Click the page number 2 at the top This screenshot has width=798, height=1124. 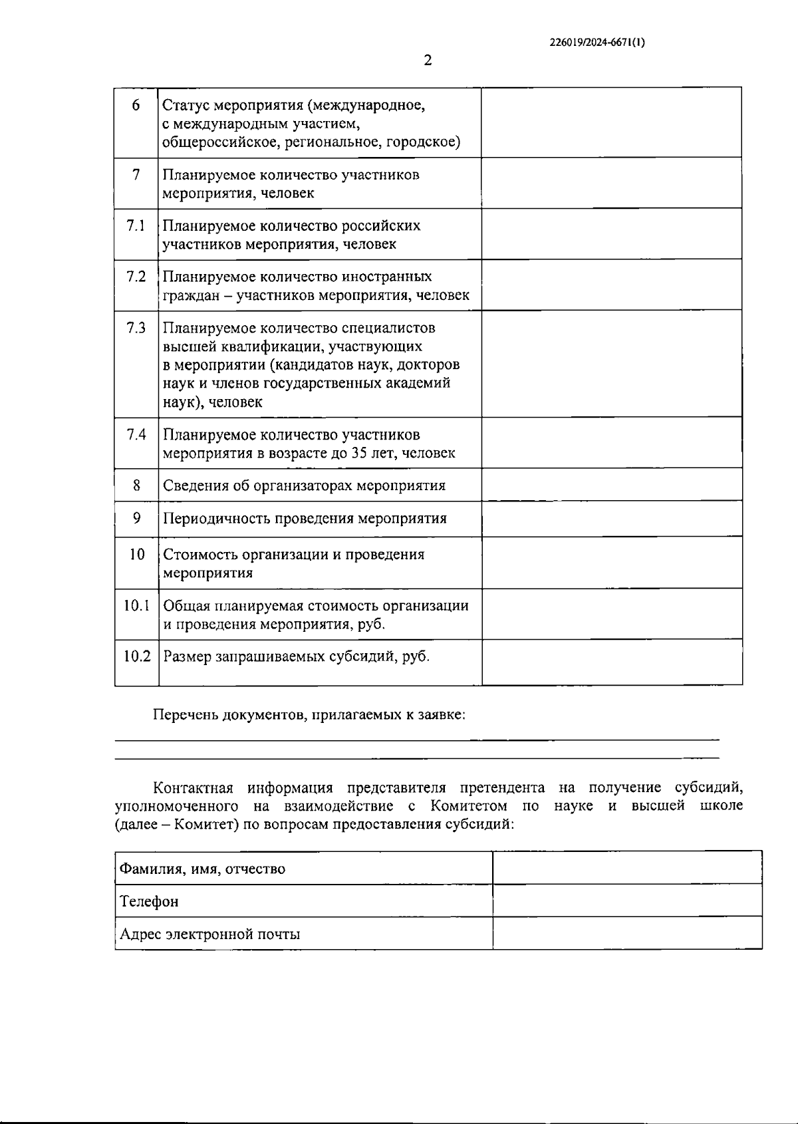pyautogui.click(x=428, y=61)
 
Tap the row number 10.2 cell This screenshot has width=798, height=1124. pyautogui.click(x=137, y=656)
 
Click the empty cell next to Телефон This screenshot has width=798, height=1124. pyautogui.click(x=626, y=901)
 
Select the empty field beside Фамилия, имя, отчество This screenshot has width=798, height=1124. pyautogui.click(x=626, y=868)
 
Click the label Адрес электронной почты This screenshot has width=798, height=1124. pyautogui.click(x=210, y=934)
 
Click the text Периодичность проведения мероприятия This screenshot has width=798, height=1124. pyautogui.click(x=305, y=518)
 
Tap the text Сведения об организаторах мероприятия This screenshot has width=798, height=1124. pyautogui.click(x=304, y=486)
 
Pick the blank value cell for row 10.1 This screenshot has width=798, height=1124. pyautogui.click(x=611, y=614)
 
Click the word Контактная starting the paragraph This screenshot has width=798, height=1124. pyautogui.click(x=193, y=788)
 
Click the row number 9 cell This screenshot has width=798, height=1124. pyautogui.click(x=136, y=517)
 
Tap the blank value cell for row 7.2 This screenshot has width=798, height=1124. pyautogui.click(x=611, y=285)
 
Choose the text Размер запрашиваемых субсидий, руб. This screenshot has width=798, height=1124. pyautogui.click(x=297, y=656)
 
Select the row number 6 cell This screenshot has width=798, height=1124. pyautogui.click(x=136, y=105)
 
